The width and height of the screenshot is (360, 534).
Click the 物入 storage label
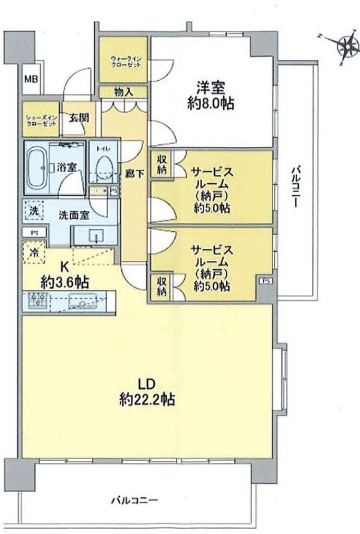point(124,93)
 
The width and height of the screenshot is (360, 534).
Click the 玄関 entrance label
point(78,117)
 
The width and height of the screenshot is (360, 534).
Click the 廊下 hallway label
point(134,171)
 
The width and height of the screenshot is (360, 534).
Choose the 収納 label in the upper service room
point(160,164)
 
